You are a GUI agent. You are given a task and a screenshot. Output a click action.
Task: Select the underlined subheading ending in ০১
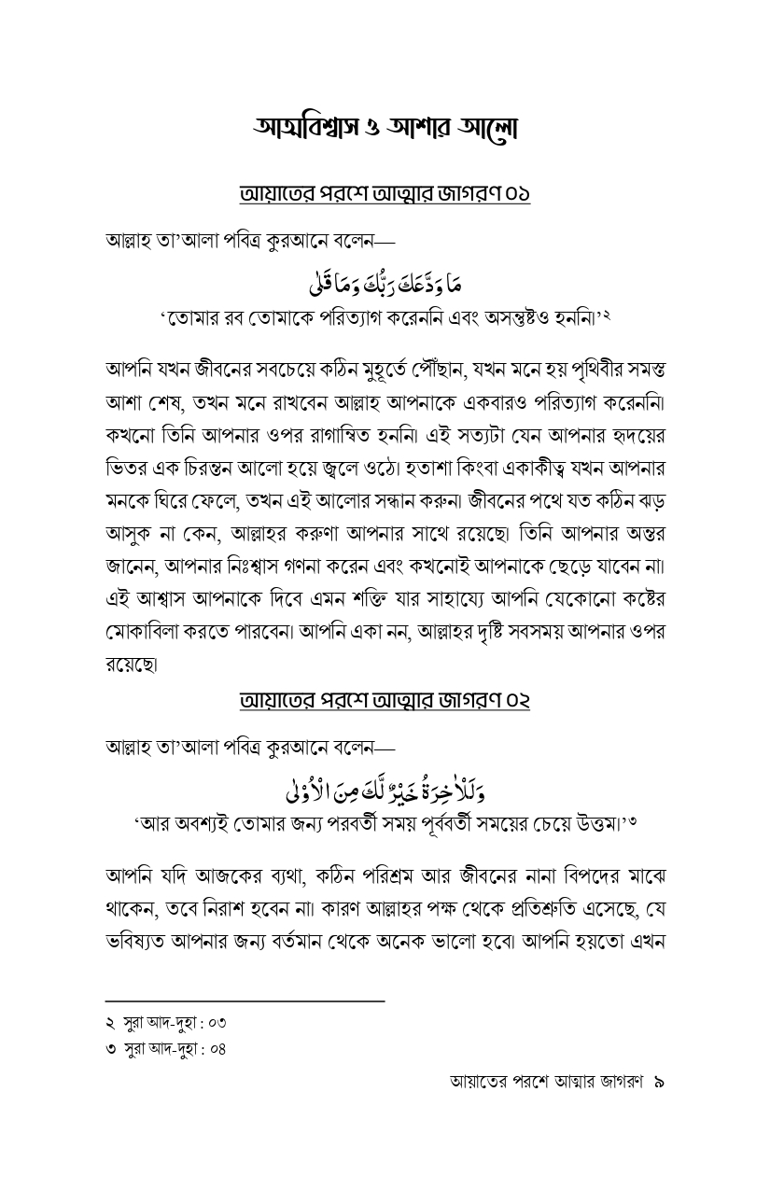click(x=385, y=195)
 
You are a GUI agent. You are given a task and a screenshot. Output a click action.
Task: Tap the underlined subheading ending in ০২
click(x=385, y=700)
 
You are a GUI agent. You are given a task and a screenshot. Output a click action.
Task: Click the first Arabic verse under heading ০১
click(x=385, y=279)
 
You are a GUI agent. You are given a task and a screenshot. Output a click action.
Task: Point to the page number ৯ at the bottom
click(x=658, y=1083)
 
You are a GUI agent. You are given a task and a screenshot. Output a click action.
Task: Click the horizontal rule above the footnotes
click(x=245, y=1001)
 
